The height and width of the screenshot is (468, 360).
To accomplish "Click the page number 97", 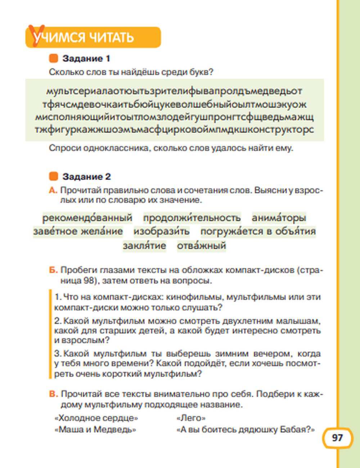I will [x=337, y=438].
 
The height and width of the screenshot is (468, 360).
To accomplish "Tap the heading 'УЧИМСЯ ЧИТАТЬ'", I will [x=84, y=37].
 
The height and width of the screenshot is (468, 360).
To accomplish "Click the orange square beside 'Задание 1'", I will [x=53, y=58].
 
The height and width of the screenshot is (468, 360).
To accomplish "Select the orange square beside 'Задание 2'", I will [x=53, y=176].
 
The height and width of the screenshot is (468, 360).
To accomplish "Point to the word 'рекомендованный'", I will [x=87, y=218].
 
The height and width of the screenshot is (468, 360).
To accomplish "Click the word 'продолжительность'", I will [x=192, y=218].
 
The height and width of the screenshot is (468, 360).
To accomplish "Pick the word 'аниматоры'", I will [x=279, y=218].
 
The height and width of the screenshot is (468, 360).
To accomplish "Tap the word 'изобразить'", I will [x=161, y=231].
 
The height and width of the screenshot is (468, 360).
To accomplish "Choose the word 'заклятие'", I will [x=144, y=246].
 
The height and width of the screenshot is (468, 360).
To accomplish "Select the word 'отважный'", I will [x=201, y=246].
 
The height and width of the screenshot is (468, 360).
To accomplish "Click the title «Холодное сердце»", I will [x=96, y=418].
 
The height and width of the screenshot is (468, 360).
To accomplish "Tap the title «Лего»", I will [x=191, y=418].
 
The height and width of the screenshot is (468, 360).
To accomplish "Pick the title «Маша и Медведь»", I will [x=95, y=429].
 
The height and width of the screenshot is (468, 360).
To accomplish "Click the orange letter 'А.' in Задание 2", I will [x=53, y=190].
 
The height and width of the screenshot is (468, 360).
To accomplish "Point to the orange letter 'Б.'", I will [x=53, y=270].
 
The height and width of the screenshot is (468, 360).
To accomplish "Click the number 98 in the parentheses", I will [x=89, y=280].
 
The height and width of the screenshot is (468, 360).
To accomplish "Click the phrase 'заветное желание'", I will [x=78, y=231].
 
